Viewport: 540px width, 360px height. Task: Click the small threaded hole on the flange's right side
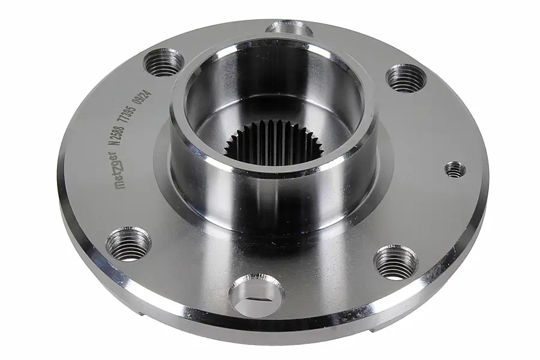[455, 169]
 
